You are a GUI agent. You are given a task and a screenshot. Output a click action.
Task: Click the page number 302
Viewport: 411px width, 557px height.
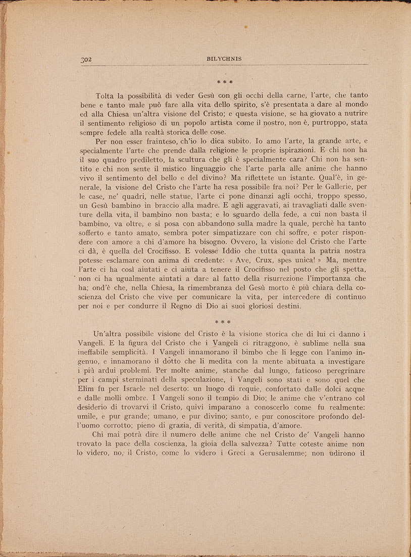(x=85, y=59)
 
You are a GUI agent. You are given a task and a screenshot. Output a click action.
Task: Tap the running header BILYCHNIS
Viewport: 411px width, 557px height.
(x=224, y=59)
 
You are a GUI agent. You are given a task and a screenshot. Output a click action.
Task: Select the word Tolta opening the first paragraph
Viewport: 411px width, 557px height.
(x=106, y=95)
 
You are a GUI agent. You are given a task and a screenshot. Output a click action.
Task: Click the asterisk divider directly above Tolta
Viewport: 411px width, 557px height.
(x=224, y=81)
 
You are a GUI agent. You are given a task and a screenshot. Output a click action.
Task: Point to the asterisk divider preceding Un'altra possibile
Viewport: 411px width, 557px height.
(x=222, y=321)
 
